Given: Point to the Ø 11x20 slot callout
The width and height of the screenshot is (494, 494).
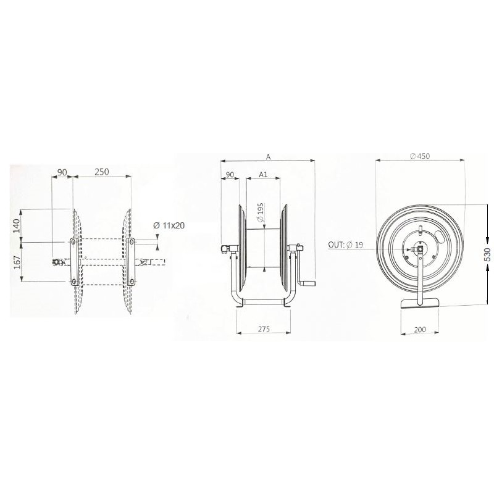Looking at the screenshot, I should click(169, 226).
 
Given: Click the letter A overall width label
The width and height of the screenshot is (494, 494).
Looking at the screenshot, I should click(268, 157).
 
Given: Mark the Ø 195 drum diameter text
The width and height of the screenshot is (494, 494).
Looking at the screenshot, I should click(260, 212).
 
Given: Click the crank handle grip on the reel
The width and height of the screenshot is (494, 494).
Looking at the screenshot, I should click(309, 284).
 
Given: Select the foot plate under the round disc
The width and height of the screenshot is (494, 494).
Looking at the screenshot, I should click(420, 303).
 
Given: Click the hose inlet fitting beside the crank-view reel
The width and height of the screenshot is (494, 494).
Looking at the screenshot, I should click(224, 249).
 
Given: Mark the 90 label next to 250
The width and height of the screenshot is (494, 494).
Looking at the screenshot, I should click(62, 172).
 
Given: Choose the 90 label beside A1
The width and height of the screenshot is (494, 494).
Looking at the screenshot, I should click(230, 175).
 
